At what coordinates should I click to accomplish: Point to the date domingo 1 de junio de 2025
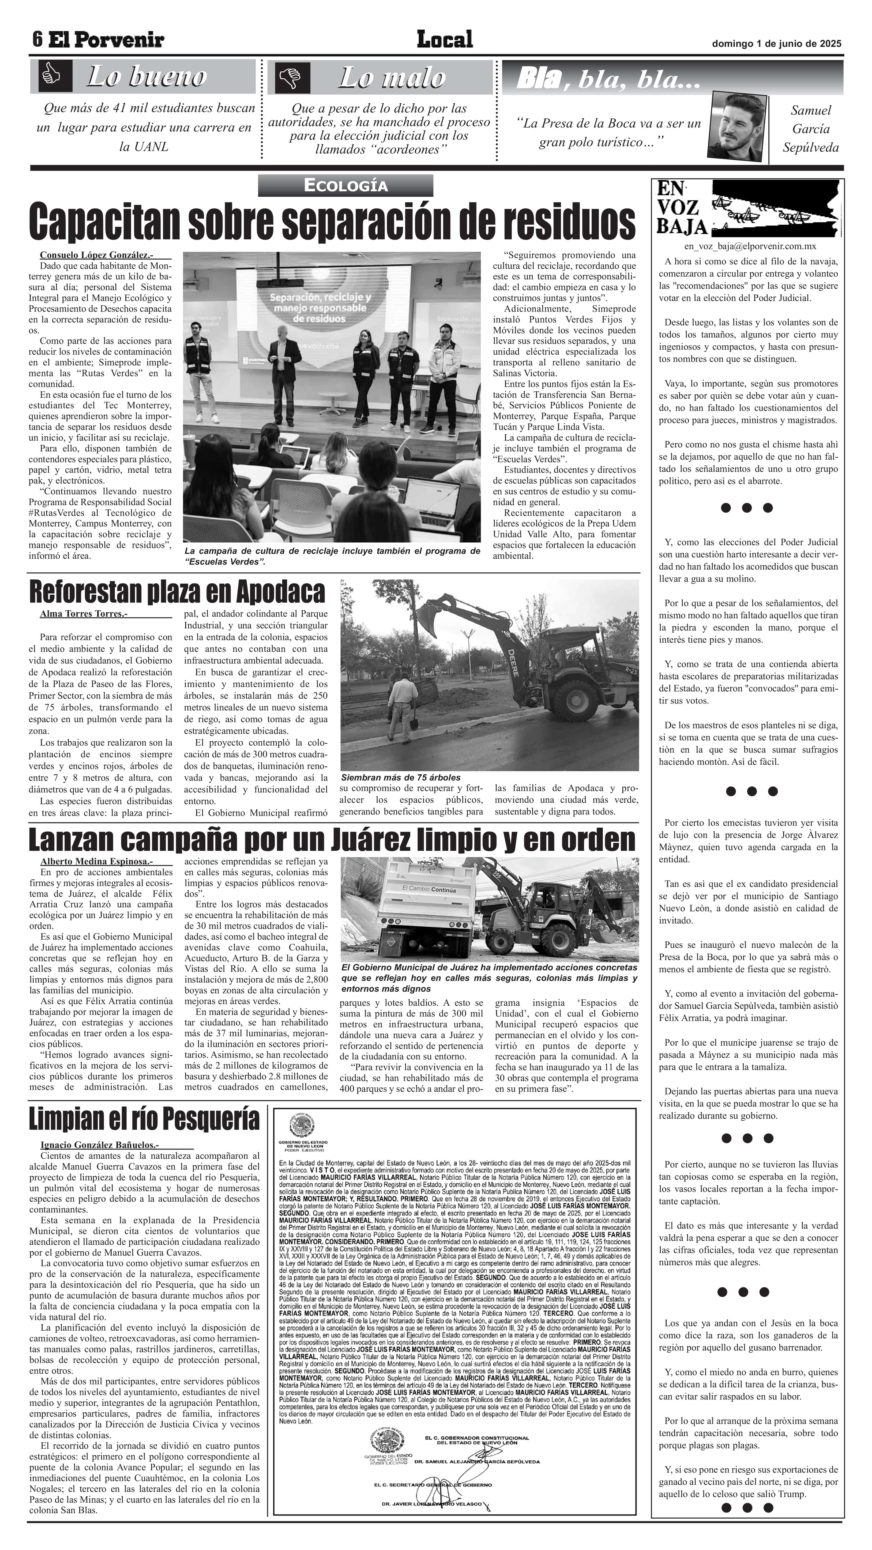[776, 43]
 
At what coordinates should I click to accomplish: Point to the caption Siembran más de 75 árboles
[400, 777]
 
